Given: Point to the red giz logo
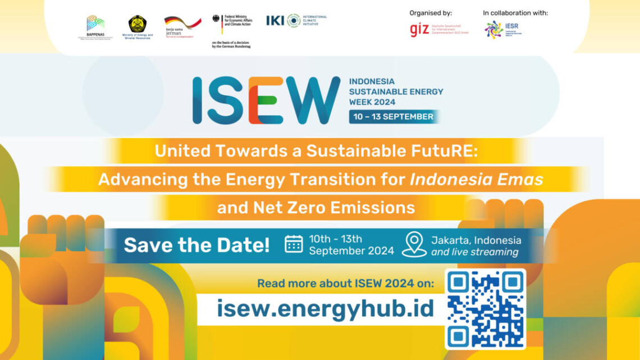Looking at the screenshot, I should pos(419,30).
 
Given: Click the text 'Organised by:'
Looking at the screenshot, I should pos(430,13).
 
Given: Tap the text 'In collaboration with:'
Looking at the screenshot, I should pos(515,13).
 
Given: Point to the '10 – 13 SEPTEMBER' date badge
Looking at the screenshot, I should pos(392,117).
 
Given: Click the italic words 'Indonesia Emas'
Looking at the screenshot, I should pos(477,179).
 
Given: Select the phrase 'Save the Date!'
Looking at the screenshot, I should pos(196,245).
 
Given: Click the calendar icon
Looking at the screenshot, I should pos(294,244).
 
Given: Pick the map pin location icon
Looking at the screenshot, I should pos(414,244).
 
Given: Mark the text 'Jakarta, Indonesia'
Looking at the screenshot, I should pos(476,240).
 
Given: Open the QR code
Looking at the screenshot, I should pos(485,309).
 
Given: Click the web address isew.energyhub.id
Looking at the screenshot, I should pos(326,308).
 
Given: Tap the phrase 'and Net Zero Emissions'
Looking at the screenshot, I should pos(316,208).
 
